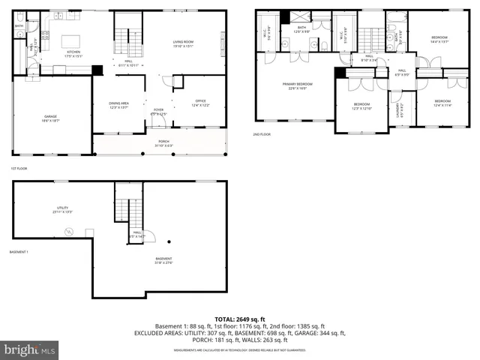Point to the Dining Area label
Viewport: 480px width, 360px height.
[118, 104]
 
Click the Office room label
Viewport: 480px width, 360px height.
[200, 102]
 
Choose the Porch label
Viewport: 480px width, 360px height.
[163, 143]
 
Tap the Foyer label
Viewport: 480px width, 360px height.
[158, 111]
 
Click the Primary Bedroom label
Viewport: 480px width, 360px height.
[298, 85]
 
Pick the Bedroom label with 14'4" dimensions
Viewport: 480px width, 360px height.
[439, 38]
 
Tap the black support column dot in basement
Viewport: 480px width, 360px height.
[170, 241]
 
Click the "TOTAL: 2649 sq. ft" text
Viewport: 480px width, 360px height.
[240, 318]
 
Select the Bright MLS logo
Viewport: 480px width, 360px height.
[30, 349]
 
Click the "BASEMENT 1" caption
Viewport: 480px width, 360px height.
[19, 252]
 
